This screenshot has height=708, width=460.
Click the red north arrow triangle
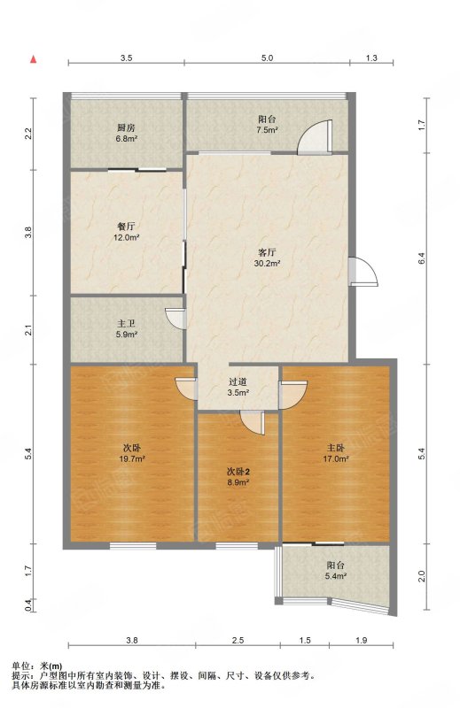pyautogui.click(x=33, y=59)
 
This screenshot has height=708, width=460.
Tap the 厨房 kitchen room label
pyautogui.click(x=126, y=128)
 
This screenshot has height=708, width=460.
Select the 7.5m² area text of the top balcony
pyautogui.click(x=268, y=130)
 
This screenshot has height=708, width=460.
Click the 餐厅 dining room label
pyautogui.click(x=126, y=227)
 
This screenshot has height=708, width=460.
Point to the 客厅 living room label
pyautogui.click(x=267, y=252)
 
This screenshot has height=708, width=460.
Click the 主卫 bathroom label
pyautogui.click(x=126, y=324)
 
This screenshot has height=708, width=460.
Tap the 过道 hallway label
pyautogui.click(x=238, y=382)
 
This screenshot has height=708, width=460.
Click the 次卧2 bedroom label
pyautogui.click(x=238, y=472)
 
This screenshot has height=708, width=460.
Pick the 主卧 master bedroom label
pyautogui.click(x=336, y=448)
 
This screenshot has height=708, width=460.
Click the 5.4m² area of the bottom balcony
pyautogui.click(x=336, y=576)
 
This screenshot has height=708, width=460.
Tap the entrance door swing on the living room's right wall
pyautogui.click(x=363, y=271)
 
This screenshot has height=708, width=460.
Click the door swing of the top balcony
pyautogui.click(x=315, y=137)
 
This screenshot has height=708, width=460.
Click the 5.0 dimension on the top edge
pyautogui.click(x=268, y=58)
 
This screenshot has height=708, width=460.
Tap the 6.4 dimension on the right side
pyautogui.click(x=421, y=258)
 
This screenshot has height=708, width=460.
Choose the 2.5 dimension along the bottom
pyautogui.click(x=238, y=640)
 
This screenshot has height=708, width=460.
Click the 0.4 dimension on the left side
pyautogui.click(x=28, y=605)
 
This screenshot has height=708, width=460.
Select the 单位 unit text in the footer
pyautogui.click(x=20, y=666)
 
